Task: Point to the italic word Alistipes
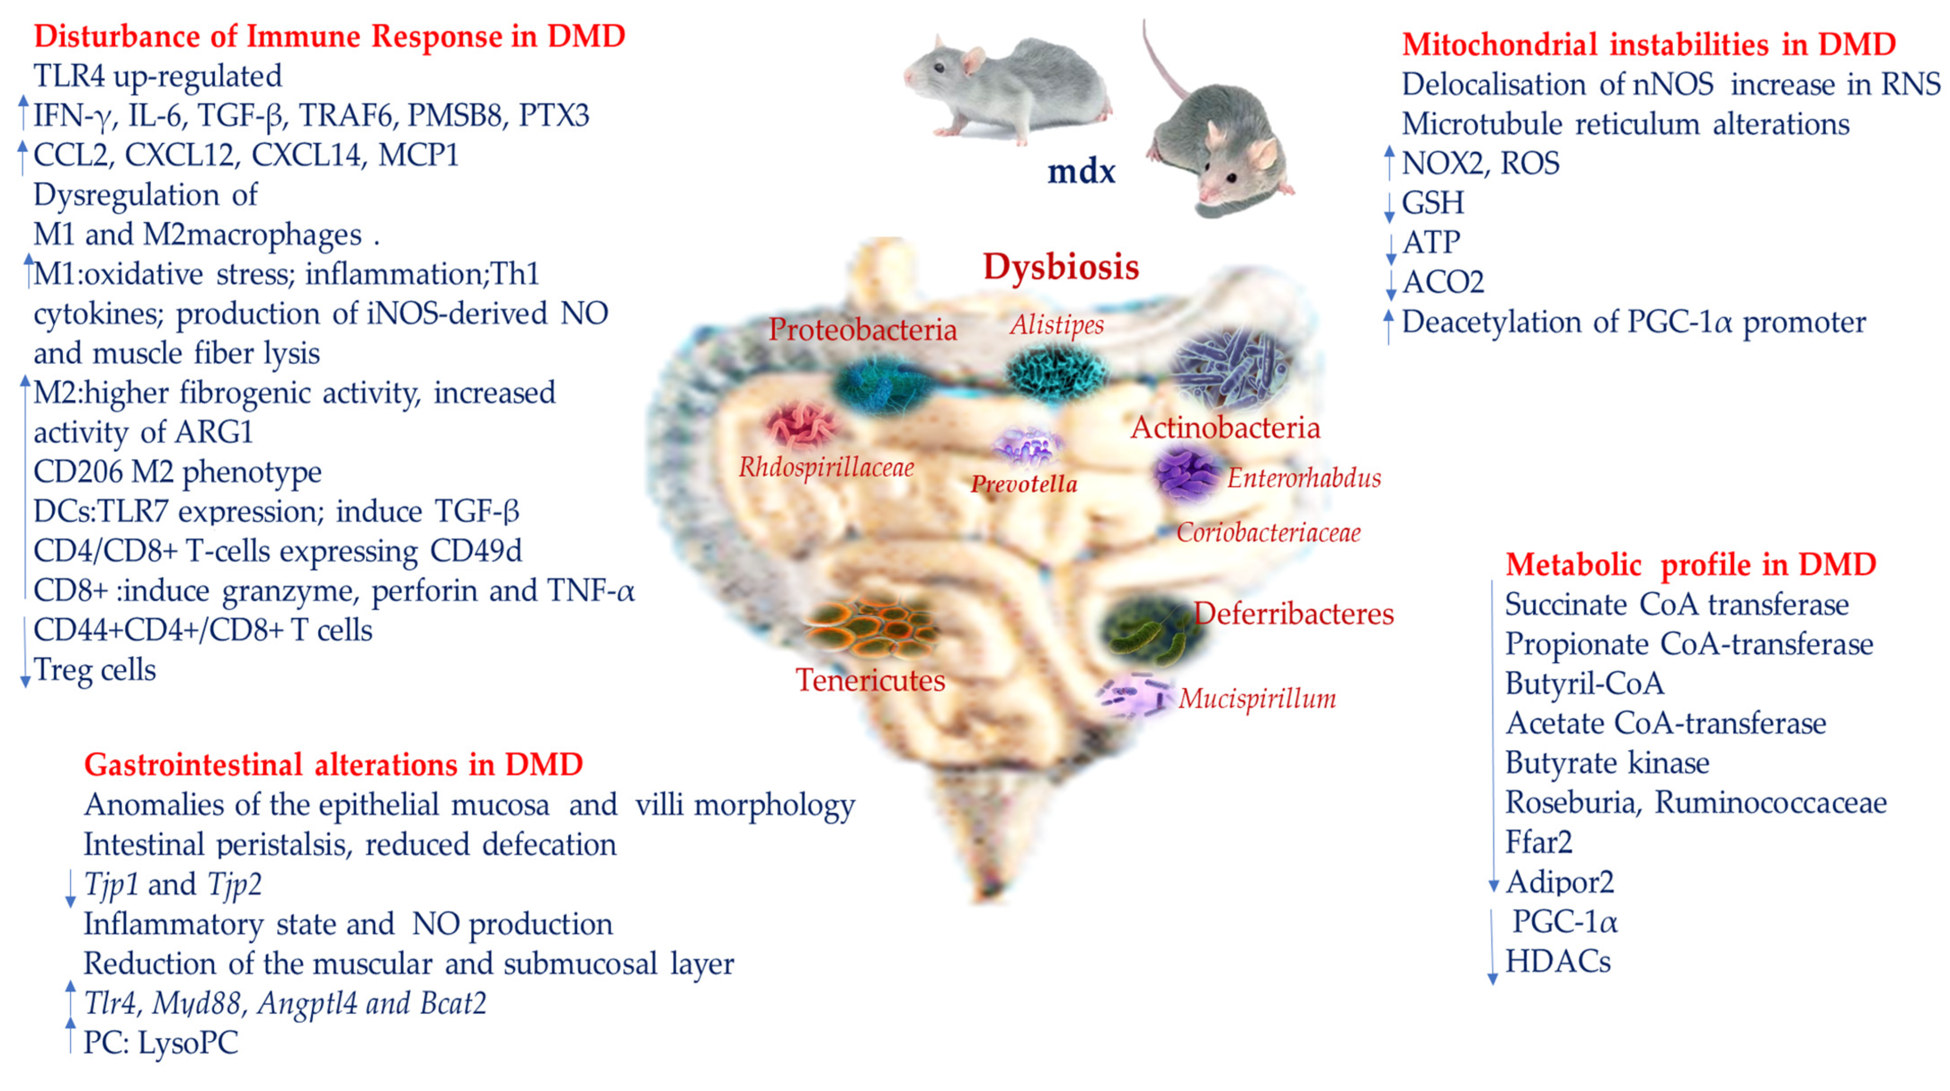1057,325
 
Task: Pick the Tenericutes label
870,680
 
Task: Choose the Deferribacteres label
1294,613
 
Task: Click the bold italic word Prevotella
1024,484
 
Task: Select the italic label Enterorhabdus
1303,478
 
